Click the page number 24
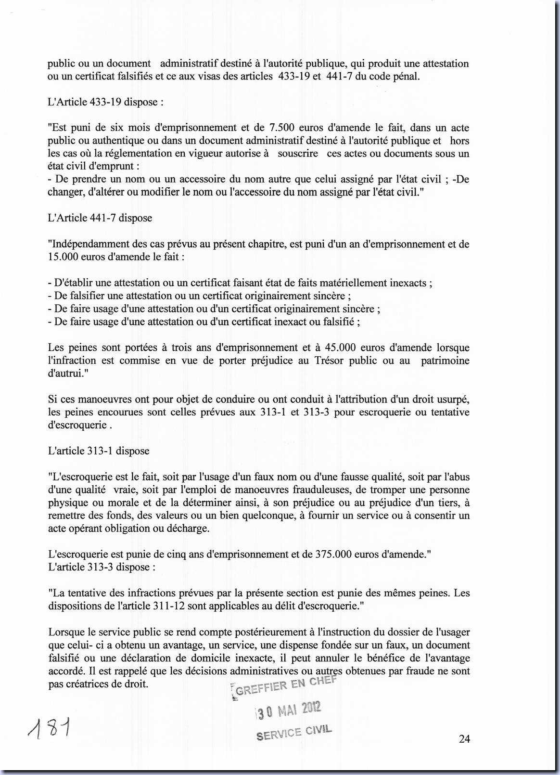464,739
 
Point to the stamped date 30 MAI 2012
288,710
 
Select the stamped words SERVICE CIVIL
294,733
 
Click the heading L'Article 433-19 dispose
105,102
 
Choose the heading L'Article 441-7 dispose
100,218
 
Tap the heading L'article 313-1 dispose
99,451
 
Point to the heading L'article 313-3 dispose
102,567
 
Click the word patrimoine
445,361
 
